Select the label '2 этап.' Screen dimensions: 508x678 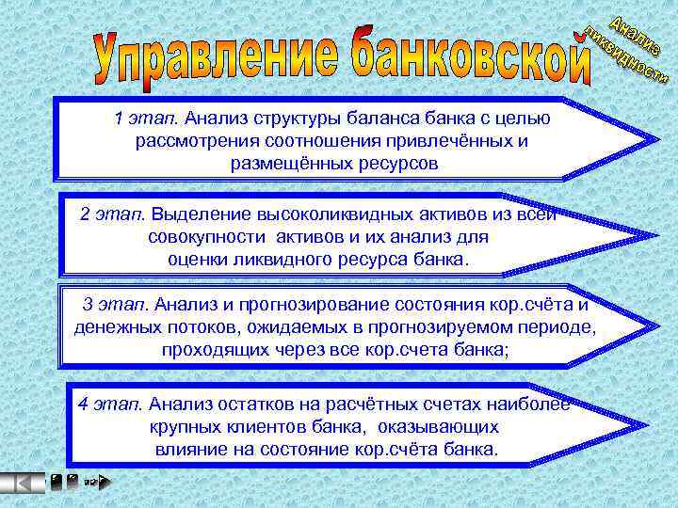point(112,214)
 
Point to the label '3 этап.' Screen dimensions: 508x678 point(116,305)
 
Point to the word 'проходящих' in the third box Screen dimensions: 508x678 point(207,350)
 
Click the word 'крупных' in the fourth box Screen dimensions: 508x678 point(182,427)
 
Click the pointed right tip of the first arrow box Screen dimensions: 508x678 point(655,141)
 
